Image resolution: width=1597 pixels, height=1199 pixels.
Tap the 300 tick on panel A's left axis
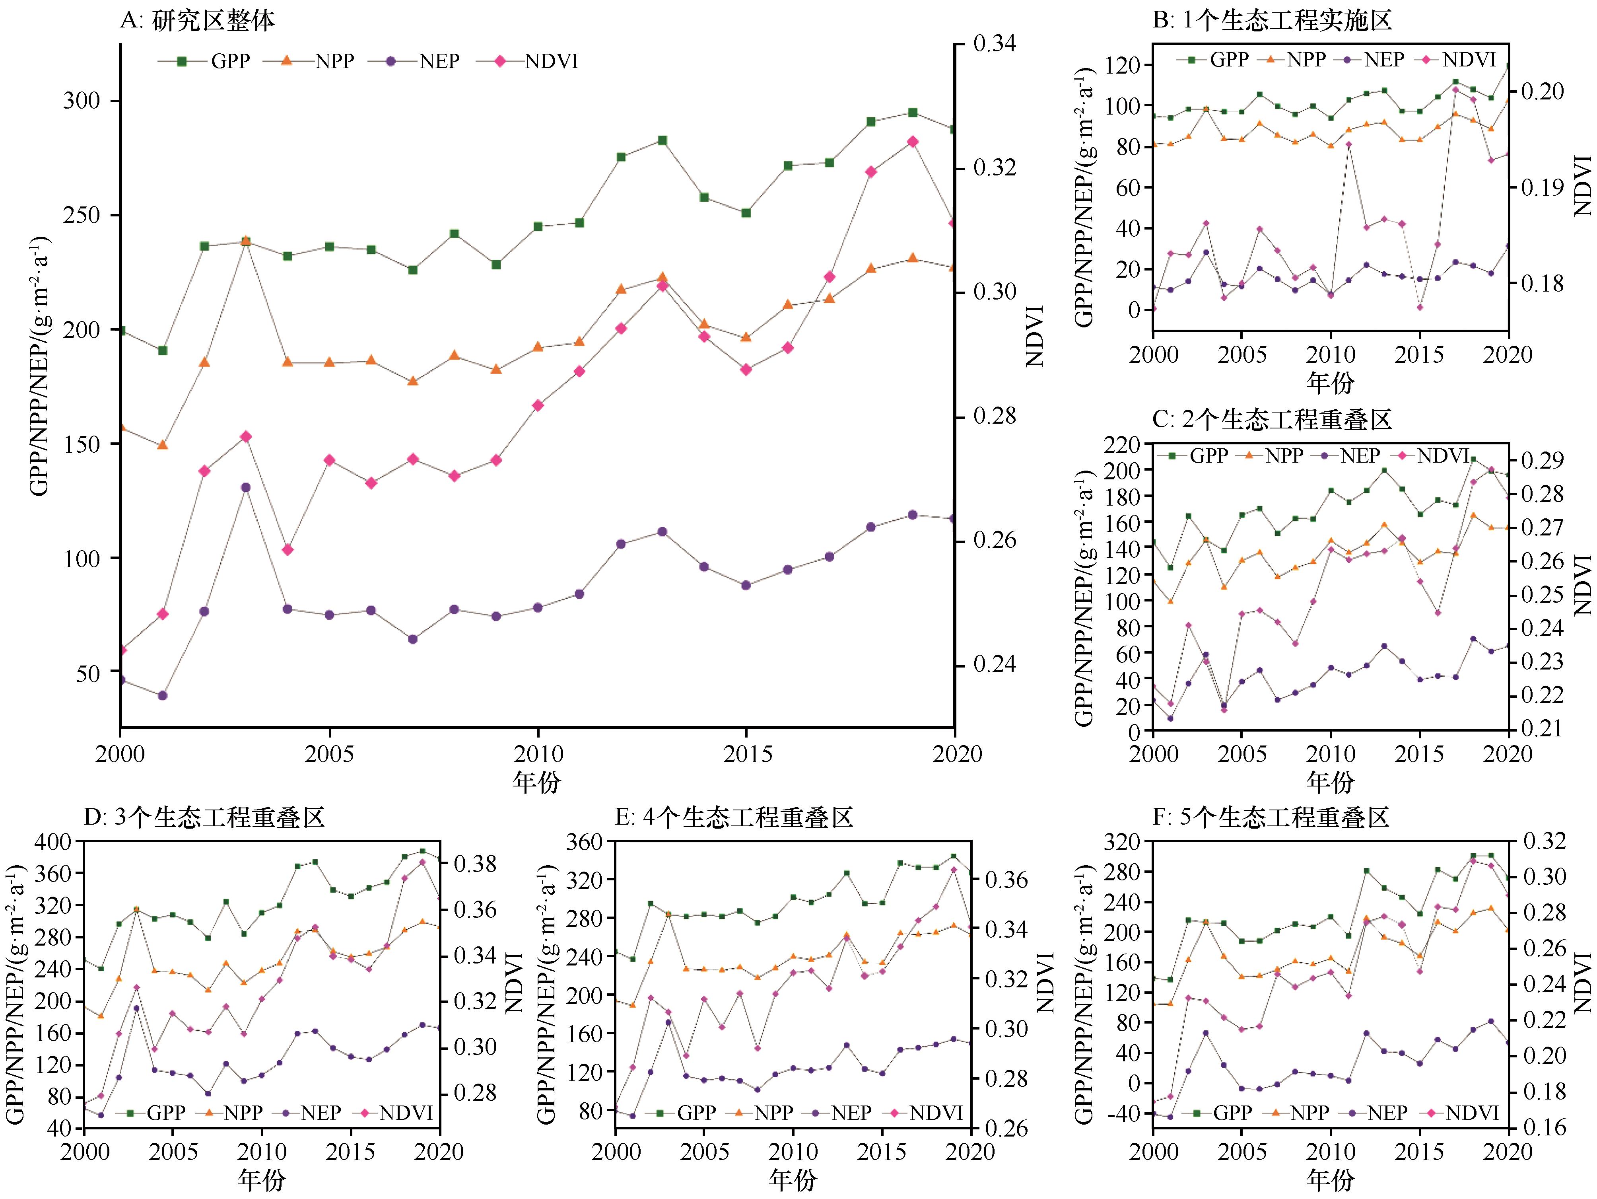click(81, 100)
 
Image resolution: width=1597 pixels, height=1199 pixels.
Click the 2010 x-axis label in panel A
click(538, 754)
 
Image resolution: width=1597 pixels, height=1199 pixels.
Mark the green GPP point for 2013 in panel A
click(662, 140)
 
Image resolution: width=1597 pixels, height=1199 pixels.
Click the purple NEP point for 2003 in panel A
click(245, 488)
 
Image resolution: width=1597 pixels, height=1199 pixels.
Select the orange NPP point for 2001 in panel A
click(162, 445)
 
